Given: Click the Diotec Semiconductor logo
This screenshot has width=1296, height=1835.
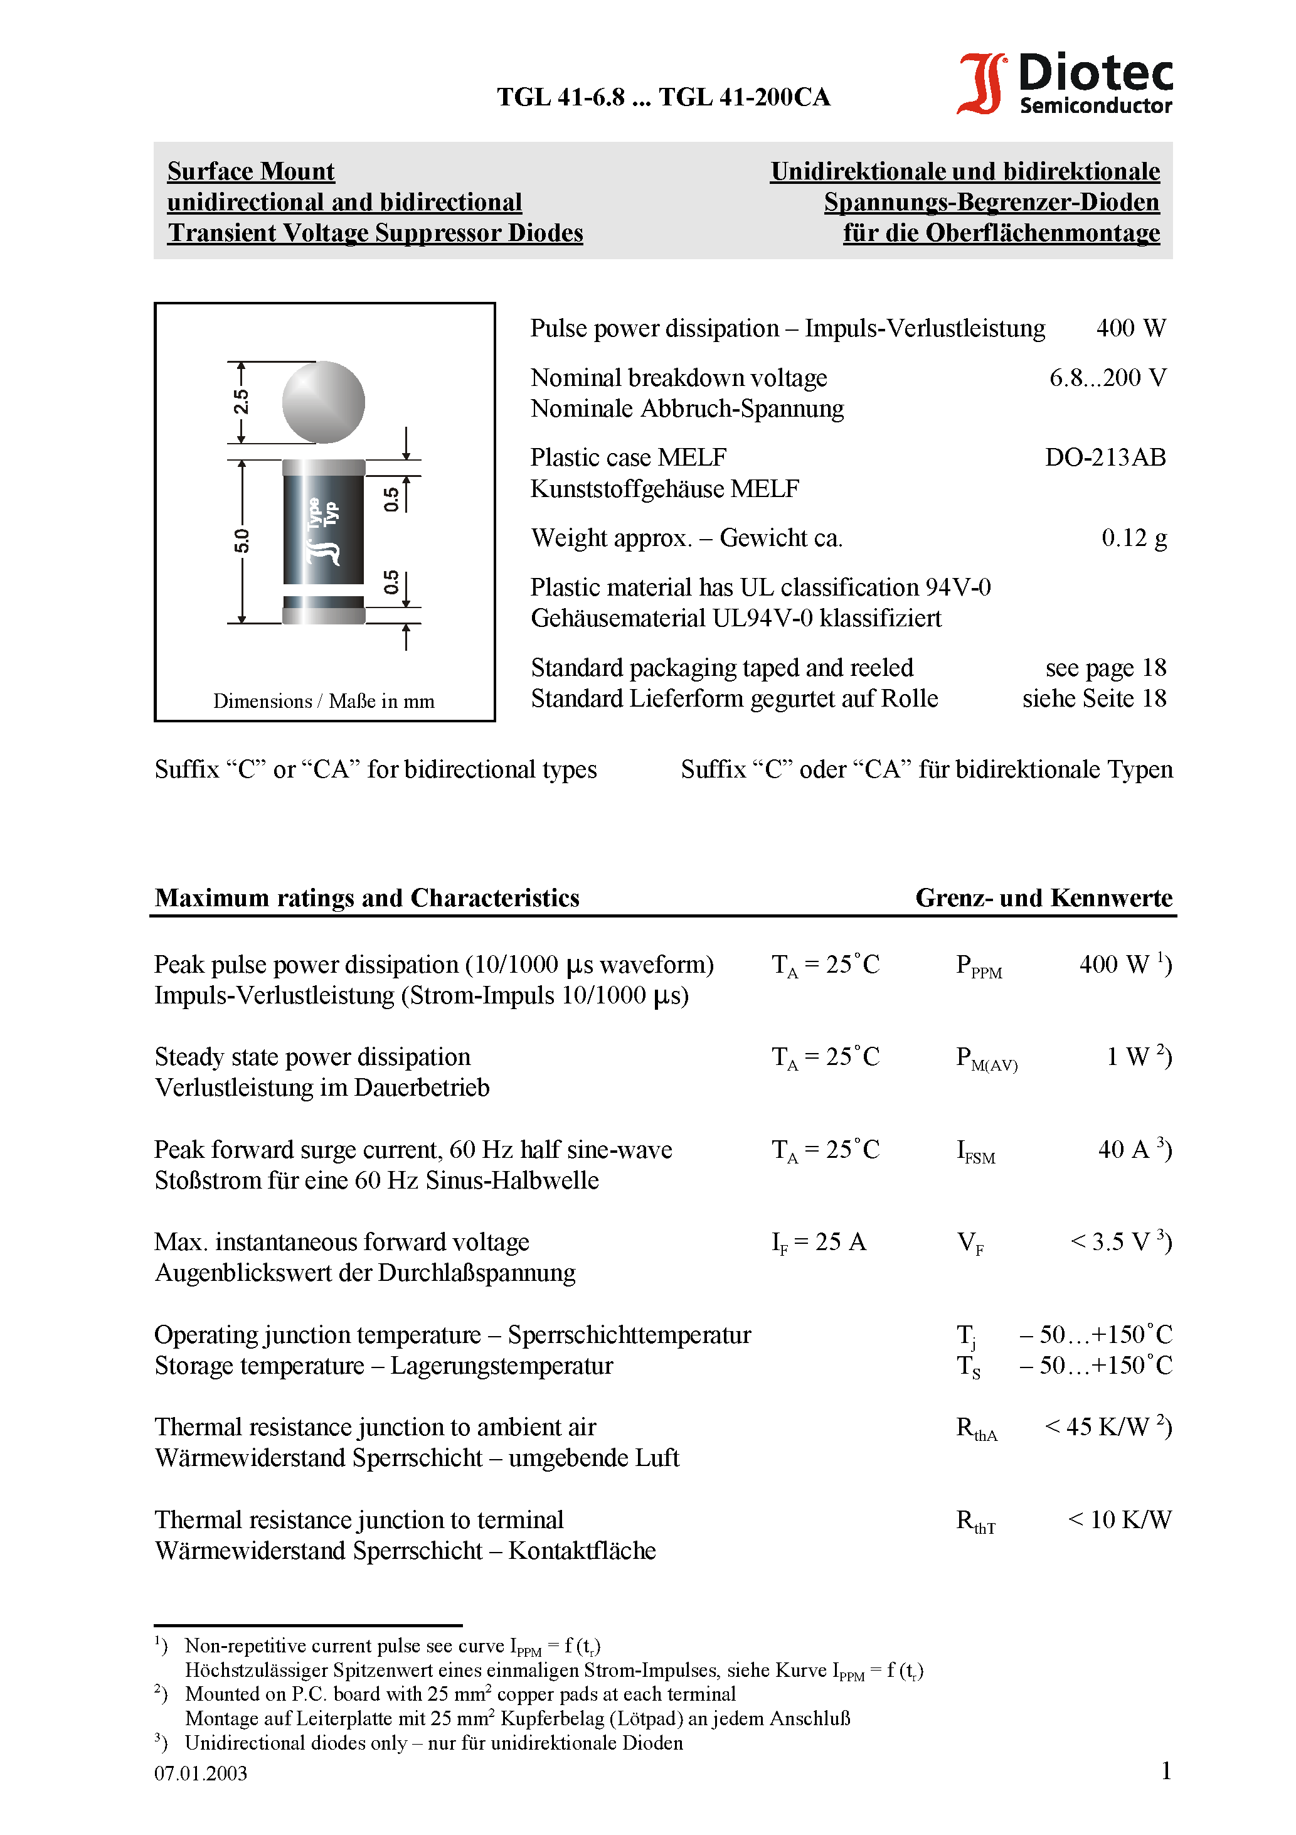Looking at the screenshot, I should pos(1065,83).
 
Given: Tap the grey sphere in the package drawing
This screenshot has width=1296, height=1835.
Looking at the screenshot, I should pos(324,402).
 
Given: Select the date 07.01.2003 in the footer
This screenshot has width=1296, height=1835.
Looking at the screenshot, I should pos(201,1773).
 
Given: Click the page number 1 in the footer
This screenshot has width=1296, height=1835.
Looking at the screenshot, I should pos(1166,1770).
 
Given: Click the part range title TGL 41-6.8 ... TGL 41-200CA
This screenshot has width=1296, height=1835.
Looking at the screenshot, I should pos(663,97).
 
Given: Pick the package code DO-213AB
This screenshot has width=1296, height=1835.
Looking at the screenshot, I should pos(1105,457).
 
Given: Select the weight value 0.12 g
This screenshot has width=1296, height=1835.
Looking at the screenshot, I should pos(1133,538).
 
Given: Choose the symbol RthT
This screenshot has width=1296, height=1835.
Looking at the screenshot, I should pos(975,1521).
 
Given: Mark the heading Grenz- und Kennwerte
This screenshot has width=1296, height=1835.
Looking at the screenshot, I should pos(1043,897).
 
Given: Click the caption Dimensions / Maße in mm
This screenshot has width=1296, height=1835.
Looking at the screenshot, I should pos(324,701).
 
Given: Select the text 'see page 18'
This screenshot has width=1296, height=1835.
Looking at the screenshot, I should pos(1105,667).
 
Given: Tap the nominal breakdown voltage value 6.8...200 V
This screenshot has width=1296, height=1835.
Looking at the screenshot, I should pos(1107,377).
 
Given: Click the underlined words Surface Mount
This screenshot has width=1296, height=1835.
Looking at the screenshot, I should pos(251,171).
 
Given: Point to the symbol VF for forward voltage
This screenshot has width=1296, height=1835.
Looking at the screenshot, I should pos(970,1243).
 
